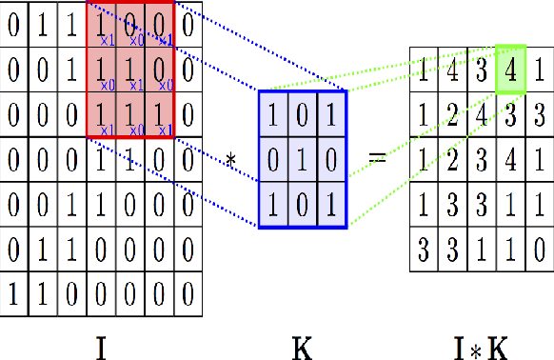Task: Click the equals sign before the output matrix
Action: [378, 158]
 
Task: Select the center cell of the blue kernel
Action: [303, 158]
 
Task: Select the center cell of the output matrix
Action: [482, 159]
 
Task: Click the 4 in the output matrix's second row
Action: [482, 113]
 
